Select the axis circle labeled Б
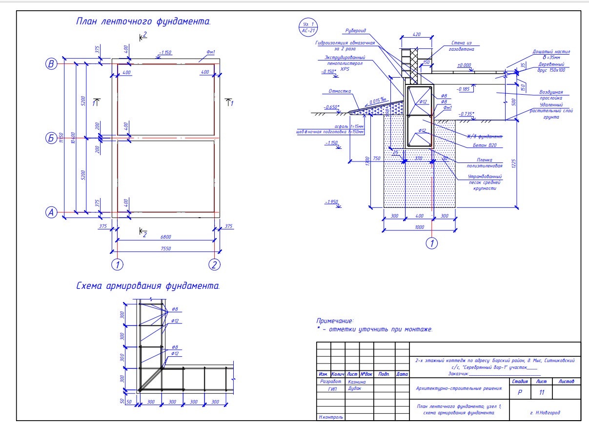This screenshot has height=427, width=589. pos(50,138)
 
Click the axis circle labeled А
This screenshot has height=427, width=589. pos(50,212)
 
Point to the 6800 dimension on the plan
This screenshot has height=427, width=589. pos(166,237)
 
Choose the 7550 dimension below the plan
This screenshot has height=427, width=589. pos(166,248)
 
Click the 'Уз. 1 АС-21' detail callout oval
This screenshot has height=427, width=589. pos(306,27)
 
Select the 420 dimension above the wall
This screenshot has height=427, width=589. pos(416,35)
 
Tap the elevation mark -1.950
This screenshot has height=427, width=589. pos(331,202)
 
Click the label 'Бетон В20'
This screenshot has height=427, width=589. pos(490,145)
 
